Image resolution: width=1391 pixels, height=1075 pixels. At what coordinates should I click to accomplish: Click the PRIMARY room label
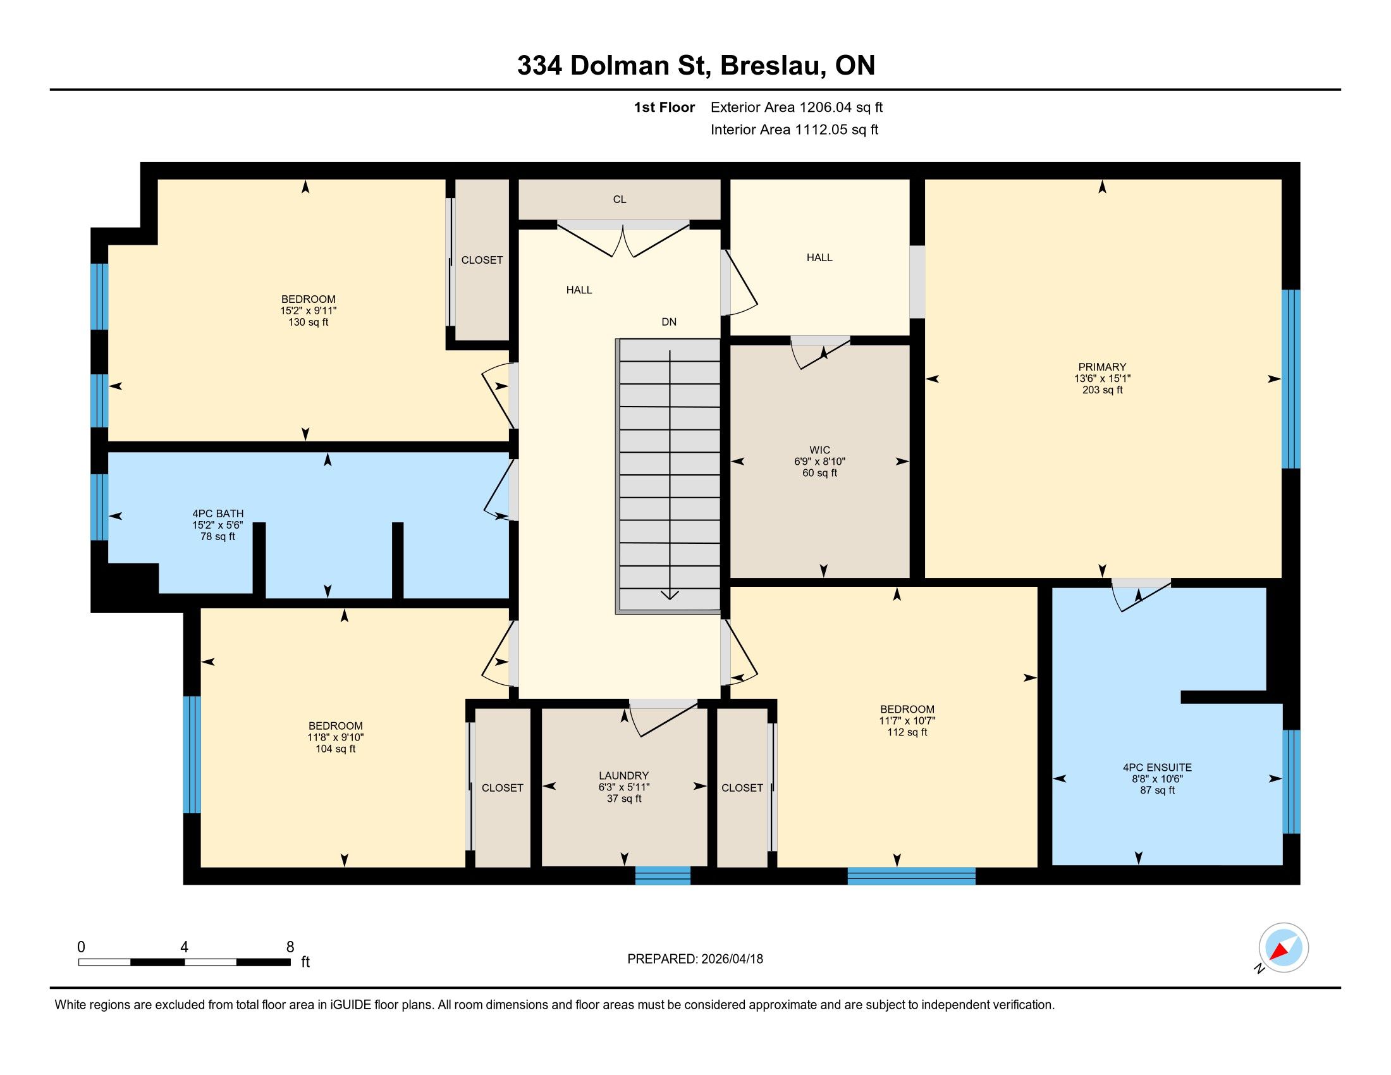tap(1102, 367)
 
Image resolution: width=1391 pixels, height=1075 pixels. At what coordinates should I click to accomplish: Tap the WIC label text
tap(819, 450)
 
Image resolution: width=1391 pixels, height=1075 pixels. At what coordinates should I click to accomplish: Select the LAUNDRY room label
tap(623, 776)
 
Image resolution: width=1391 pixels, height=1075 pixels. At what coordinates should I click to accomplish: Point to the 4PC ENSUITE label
tap(1157, 768)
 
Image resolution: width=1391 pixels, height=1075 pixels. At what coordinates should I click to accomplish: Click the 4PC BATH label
tap(218, 513)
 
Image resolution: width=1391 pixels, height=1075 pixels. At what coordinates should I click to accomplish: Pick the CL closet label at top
tap(620, 199)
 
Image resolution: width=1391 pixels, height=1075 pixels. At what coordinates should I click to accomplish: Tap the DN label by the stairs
tap(669, 322)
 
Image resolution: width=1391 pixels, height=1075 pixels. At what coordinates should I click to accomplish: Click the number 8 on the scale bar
tap(290, 947)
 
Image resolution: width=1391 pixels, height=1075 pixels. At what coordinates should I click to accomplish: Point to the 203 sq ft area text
tap(1102, 390)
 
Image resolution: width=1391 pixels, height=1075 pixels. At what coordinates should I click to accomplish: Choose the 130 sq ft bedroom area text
tap(309, 322)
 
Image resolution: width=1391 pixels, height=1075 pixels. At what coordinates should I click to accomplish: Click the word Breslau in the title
tap(770, 66)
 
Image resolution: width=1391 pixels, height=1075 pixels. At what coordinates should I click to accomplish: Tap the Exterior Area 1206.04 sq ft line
tap(797, 107)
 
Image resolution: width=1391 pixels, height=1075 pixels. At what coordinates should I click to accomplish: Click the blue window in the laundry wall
tap(663, 875)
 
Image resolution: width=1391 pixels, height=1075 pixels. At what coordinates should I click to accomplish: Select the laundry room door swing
tap(663, 718)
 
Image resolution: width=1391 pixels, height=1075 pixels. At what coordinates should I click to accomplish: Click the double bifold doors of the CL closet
tap(623, 239)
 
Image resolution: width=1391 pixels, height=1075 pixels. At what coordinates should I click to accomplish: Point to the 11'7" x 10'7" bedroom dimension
tap(907, 721)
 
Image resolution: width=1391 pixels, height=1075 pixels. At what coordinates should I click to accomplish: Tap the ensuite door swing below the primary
tap(1140, 594)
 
